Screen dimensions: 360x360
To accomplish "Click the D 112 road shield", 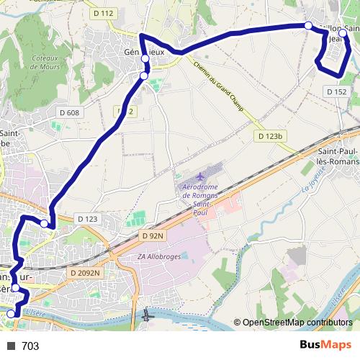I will click(104, 14).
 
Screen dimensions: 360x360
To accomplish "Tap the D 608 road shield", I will click(69, 112).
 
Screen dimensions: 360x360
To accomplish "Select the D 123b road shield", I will click(271, 136).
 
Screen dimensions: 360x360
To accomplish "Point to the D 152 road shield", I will click(336, 91).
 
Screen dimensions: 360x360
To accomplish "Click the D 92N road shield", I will click(153, 235).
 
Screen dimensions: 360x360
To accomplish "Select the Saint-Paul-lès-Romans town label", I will click(338, 158).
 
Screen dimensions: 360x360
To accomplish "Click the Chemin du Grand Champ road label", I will click(220, 86).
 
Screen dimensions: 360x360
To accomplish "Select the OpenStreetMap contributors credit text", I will click(297, 323).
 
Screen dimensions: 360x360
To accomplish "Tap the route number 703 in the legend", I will click(30, 346).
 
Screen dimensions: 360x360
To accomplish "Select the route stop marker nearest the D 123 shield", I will click(45, 224).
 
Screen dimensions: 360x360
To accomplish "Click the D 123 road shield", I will click(86, 219).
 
